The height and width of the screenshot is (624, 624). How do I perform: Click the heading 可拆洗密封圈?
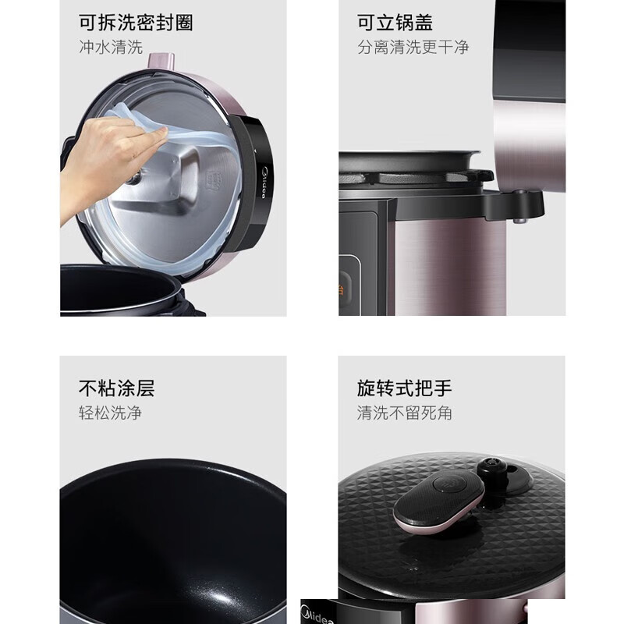pyautogui.click(x=136, y=22)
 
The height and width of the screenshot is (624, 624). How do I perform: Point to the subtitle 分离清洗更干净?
pyautogui.click(x=413, y=47)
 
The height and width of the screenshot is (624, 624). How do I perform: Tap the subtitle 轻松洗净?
pyautogui.click(x=110, y=413)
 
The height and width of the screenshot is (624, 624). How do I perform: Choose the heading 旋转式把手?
pyautogui.click(x=404, y=388)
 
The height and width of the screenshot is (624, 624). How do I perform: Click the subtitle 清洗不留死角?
pyautogui.click(x=404, y=413)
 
